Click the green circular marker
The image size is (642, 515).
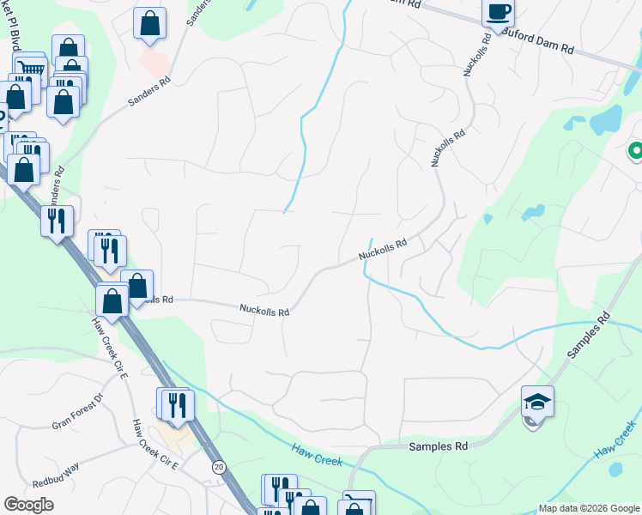636,152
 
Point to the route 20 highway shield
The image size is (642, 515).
218,466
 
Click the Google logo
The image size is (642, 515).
28,505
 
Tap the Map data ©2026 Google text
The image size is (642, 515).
589,508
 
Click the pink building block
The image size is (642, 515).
154,60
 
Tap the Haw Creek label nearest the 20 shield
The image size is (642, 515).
316,455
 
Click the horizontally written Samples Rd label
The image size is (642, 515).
438,446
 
